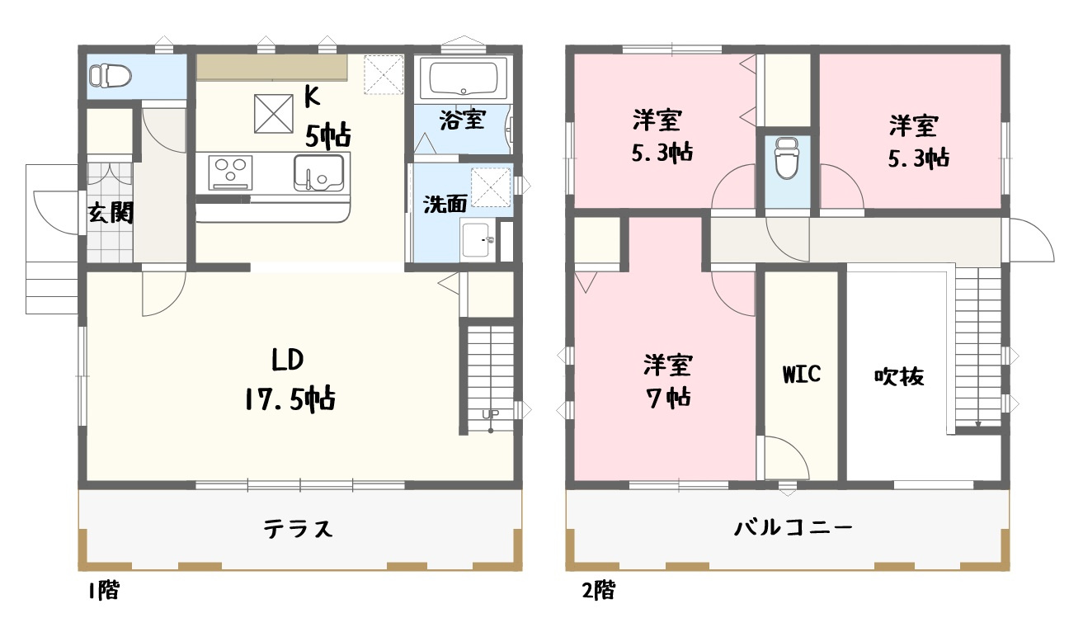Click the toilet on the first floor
[111, 76]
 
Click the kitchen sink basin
[318, 172]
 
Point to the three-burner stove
[230, 172]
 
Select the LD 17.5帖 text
[289, 380]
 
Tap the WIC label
[801, 374]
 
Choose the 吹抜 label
[898, 376]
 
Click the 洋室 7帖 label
[667, 380]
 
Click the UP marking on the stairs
[489, 415]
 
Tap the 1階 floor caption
[102, 590]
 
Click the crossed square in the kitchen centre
[274, 114]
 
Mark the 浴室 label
[462, 120]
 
